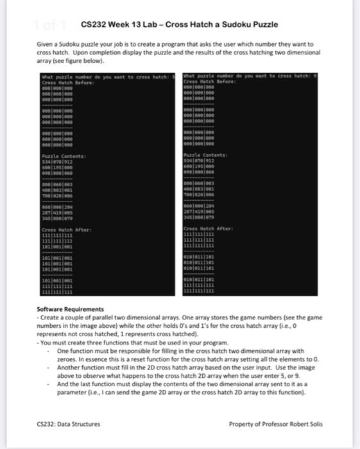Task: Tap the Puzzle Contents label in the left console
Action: click(x=59, y=155)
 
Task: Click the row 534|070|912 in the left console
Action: click(x=56, y=160)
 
